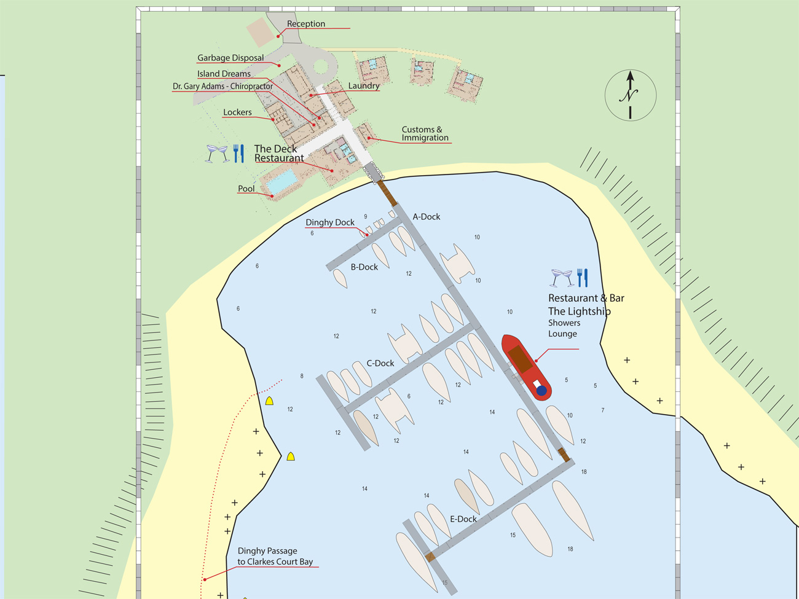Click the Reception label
tap(305, 24)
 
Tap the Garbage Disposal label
tap(230, 58)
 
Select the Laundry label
tap(363, 86)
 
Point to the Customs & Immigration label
tap(425, 133)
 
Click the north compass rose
tap(630, 95)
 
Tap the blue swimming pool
tap(282, 181)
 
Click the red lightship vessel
tap(525, 367)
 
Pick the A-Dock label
tap(426, 217)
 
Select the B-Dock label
tap(364, 267)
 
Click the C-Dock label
tap(380, 363)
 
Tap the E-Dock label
tap(463, 519)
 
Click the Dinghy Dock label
tap(330, 222)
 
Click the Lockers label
tap(237, 112)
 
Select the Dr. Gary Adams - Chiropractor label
tap(222, 87)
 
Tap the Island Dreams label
tap(224, 74)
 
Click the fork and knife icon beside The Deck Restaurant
tap(238, 153)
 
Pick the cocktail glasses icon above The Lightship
tap(562, 278)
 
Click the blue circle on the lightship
tap(541, 390)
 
